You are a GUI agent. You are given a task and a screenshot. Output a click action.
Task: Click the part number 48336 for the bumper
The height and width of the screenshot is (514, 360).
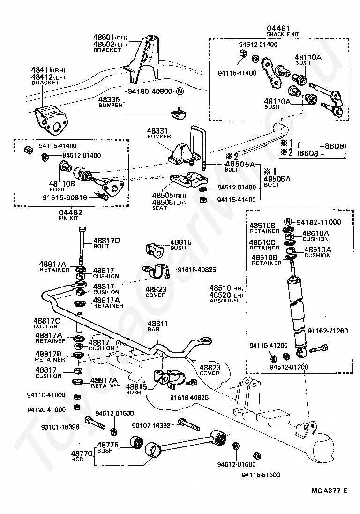pyautogui.click(x=108, y=99)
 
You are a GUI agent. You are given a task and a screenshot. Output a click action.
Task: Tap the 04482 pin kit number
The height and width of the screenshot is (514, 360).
pyautogui.click(x=69, y=212)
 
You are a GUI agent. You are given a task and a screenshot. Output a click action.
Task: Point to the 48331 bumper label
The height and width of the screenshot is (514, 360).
pyautogui.click(x=157, y=130)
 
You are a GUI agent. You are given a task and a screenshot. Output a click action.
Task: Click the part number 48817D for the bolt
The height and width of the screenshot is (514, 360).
pyautogui.click(x=107, y=241)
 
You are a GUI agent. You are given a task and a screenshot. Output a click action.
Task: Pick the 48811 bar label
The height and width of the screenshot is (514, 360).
pyautogui.click(x=157, y=324)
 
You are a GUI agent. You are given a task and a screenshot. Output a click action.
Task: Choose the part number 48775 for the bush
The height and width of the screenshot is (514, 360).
pyautogui.click(x=107, y=445)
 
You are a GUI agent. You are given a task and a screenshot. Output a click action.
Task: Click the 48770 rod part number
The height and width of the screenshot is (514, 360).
pyautogui.click(x=80, y=454)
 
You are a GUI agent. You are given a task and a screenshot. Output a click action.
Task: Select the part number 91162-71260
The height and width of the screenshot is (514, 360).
pyautogui.click(x=328, y=331)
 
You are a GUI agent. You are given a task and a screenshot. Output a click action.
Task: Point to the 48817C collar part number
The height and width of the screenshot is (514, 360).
pyautogui.click(x=46, y=321)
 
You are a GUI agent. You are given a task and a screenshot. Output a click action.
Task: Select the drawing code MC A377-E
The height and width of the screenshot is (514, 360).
pyautogui.click(x=329, y=491)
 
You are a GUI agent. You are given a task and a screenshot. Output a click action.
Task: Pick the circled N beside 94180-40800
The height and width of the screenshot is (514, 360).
pyautogui.click(x=180, y=91)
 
